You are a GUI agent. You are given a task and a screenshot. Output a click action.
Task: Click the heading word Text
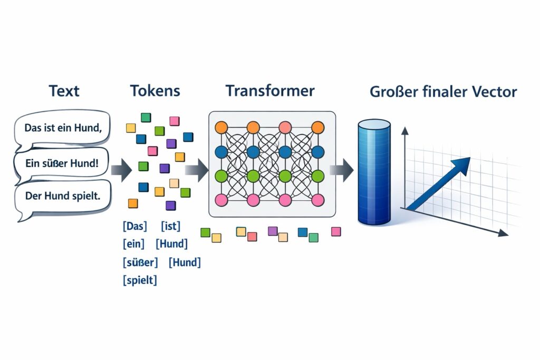(x=64, y=91)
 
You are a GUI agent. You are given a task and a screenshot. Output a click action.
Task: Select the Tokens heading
(x=155, y=91)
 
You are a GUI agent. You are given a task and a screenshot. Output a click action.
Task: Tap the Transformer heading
(x=270, y=91)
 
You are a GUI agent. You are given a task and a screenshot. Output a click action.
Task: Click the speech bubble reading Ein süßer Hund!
(x=61, y=163)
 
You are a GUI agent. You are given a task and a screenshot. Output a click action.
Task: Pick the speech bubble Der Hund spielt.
(x=62, y=196)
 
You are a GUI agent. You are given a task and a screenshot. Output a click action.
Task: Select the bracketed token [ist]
(x=170, y=227)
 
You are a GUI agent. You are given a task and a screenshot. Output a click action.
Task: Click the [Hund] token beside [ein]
(x=172, y=244)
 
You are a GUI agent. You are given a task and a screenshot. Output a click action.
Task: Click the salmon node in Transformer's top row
(x=285, y=128)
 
